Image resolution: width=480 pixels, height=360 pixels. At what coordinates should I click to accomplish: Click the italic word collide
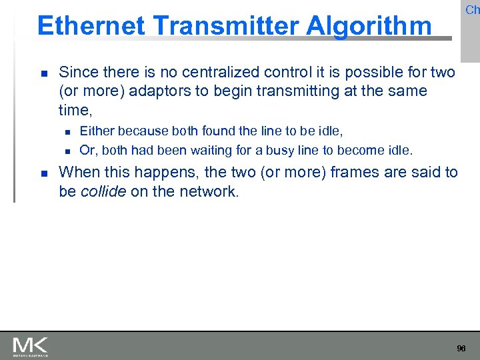pos(103,191)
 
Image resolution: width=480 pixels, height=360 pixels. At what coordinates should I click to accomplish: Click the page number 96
pos(461,349)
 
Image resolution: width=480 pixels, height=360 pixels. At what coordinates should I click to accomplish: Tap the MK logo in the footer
pos(30,346)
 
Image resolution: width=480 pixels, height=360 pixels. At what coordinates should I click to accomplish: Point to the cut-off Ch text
pos(472,9)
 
